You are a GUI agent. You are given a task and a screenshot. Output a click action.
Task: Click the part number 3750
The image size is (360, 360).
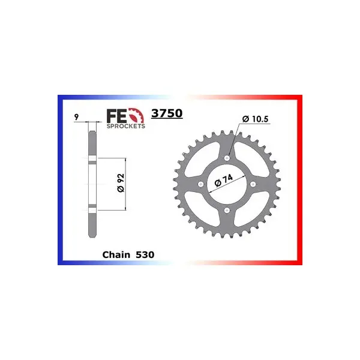tap(167, 113)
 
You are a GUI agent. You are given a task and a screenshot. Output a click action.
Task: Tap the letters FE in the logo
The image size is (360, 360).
tap(116, 116)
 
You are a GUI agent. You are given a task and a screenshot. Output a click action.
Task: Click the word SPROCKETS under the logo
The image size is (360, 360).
tap(126, 126)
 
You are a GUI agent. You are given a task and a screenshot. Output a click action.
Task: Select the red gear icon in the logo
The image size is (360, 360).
tap(136, 115)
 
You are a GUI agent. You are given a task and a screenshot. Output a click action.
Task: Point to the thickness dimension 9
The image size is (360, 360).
tap(76, 117)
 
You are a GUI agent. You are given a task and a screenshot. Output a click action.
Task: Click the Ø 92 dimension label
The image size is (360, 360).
tap(121, 183)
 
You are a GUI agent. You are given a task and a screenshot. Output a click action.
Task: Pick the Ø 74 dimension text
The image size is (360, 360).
tap(223, 180)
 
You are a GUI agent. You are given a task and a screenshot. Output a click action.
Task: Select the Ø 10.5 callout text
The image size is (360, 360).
tap(255, 119)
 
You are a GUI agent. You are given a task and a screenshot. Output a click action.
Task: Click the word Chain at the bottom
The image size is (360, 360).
tap(116, 254)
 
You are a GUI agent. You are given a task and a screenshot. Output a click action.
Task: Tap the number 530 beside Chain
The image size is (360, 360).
tap(145, 254)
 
